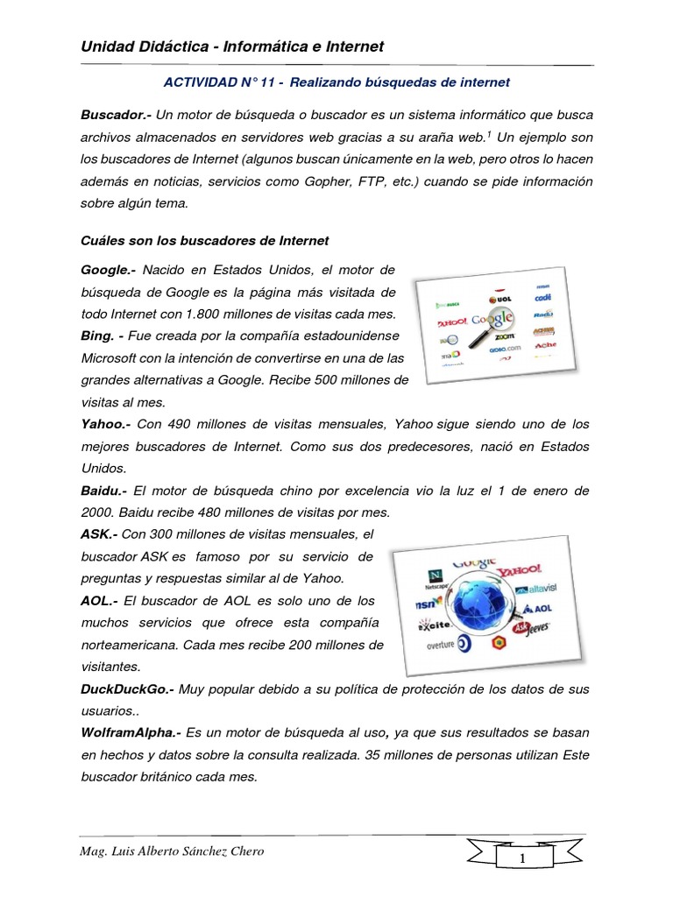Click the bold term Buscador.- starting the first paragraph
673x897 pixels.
pos(112,115)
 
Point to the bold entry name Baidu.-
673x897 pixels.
pos(103,490)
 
